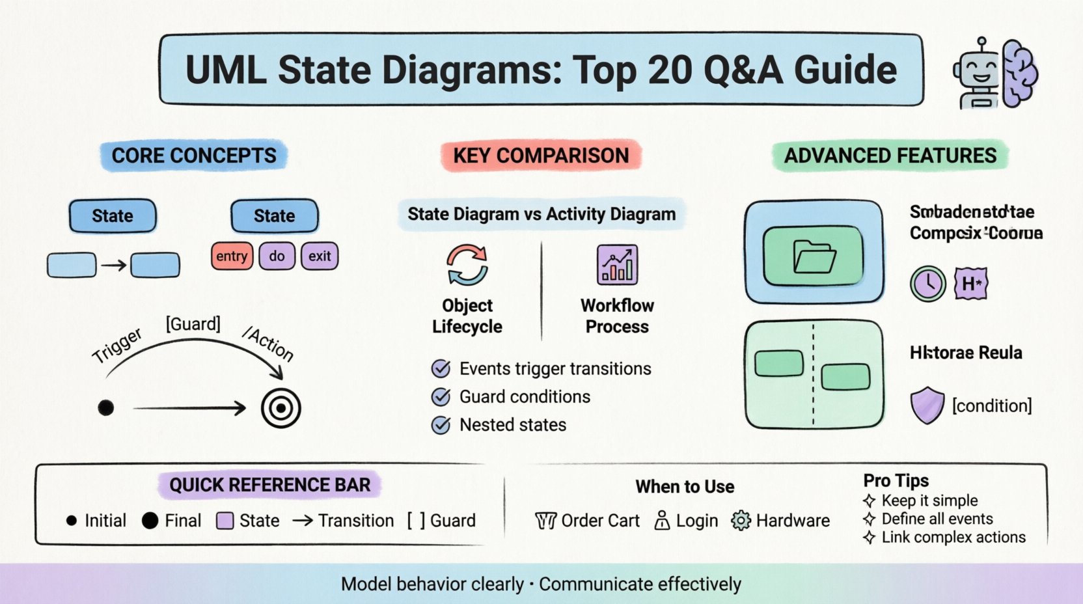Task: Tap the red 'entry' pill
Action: tap(232, 256)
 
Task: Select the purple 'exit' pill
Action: tap(320, 256)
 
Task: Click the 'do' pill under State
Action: tap(277, 256)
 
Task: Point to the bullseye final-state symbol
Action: tap(281, 408)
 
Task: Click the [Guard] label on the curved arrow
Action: tap(193, 323)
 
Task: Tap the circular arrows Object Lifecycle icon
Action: tap(467, 265)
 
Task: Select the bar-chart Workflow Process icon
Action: tap(617, 265)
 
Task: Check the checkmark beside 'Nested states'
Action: tap(441, 425)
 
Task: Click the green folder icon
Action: tap(814, 256)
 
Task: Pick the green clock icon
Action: tap(927, 284)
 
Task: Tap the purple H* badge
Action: tap(971, 284)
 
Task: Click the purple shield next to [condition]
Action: tap(927, 405)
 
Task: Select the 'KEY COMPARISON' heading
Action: tap(541, 156)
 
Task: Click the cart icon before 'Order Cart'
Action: tap(545, 521)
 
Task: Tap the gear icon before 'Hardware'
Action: tap(741, 521)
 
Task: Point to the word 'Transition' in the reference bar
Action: tap(356, 521)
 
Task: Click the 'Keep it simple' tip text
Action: tap(929, 501)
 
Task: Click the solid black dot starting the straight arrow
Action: tap(106, 408)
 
